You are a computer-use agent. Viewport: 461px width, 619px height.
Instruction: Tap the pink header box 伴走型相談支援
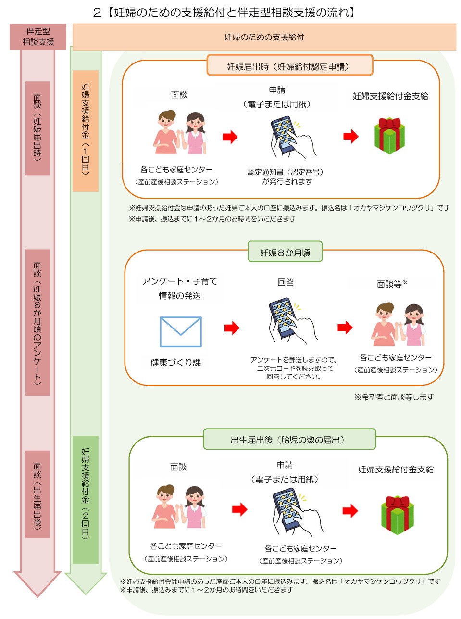point(38,37)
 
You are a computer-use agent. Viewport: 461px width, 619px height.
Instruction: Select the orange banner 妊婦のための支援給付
point(264,37)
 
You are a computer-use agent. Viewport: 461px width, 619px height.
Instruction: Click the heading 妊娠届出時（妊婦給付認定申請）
point(289,66)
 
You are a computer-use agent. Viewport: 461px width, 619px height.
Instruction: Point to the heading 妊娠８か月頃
point(285,253)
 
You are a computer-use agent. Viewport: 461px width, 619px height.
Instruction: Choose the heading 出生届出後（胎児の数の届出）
point(289,440)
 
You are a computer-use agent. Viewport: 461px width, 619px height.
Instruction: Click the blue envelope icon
point(180,331)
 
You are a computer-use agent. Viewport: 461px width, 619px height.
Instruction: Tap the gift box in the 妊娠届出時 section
point(389,136)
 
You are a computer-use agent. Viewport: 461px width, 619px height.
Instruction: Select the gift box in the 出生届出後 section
point(397,515)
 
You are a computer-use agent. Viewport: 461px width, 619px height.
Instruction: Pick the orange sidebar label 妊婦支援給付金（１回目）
point(86,131)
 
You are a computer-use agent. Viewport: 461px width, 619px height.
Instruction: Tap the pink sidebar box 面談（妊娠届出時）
point(38,127)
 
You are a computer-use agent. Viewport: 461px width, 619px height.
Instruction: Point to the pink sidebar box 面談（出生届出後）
point(38,494)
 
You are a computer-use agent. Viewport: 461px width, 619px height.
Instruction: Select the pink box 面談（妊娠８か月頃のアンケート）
point(38,322)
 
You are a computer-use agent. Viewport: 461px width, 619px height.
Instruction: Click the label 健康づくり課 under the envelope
point(175,362)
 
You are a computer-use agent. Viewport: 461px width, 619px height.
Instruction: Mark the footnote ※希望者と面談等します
point(394,397)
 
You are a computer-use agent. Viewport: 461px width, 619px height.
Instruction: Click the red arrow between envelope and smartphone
point(232,328)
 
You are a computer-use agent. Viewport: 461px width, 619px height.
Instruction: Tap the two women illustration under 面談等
point(399,324)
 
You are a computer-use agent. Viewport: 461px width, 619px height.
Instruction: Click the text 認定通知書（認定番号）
point(286,172)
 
